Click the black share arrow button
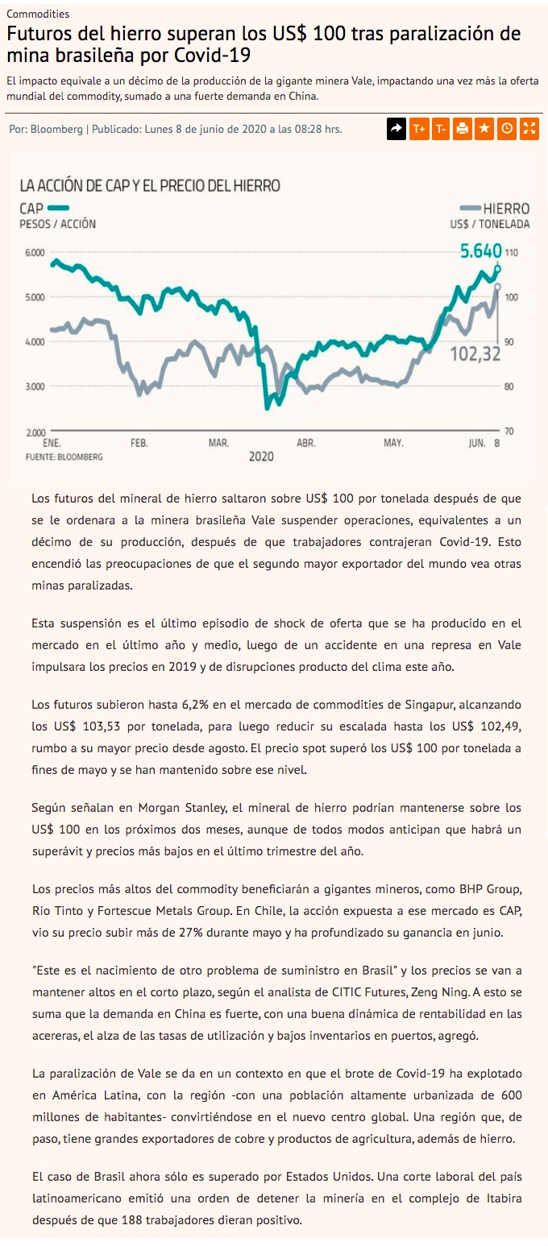[396, 129]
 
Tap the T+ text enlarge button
[418, 129]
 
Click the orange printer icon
[463, 129]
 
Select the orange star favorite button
[484, 129]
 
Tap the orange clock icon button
[507, 129]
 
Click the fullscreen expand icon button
[529, 129]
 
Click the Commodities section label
[38, 14]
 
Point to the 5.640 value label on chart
[481, 250]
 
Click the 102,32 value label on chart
[475, 353]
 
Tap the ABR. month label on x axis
[305, 443]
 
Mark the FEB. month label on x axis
[139, 443]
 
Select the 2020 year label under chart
[261, 457]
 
